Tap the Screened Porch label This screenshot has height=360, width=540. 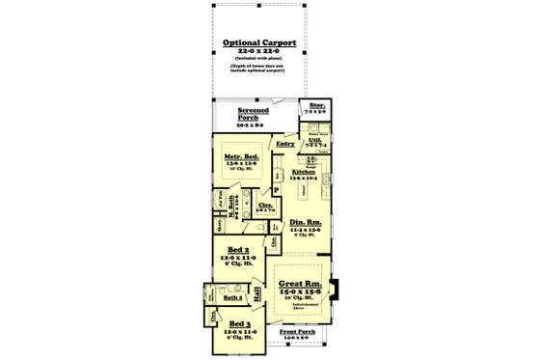255,114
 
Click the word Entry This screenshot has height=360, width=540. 284,144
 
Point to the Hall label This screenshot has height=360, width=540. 257,290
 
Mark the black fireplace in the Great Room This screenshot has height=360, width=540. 335,288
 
